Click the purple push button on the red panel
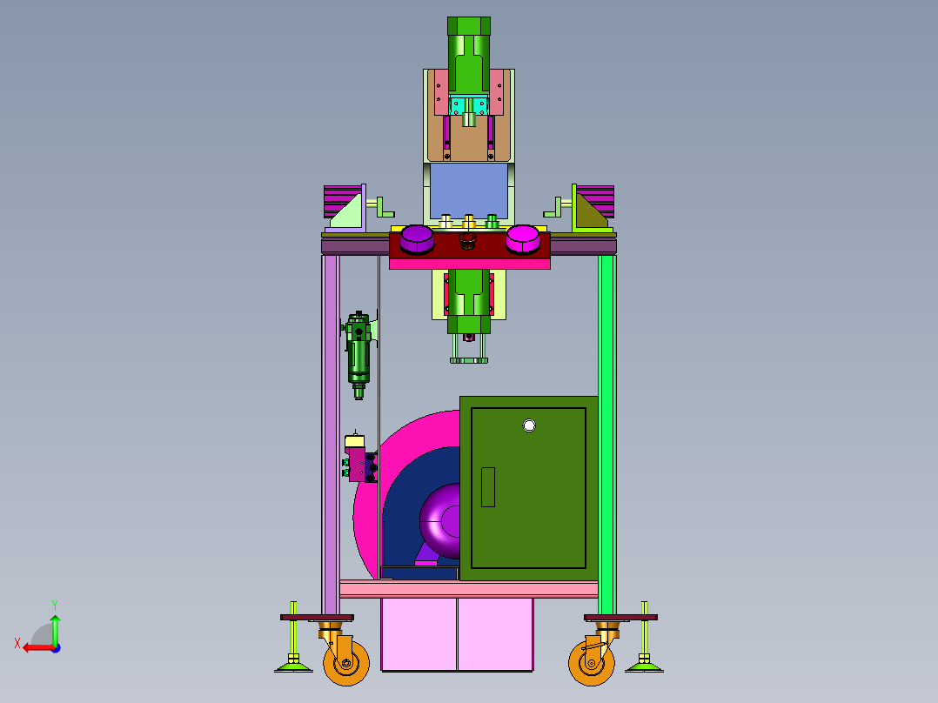click(416, 239)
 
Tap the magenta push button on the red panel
click(522, 239)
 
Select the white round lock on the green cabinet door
click(529, 425)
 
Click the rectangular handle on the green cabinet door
click(488, 487)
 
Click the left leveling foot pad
click(293, 666)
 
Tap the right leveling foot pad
click(644, 666)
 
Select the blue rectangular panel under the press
click(469, 191)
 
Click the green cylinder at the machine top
click(469, 56)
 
